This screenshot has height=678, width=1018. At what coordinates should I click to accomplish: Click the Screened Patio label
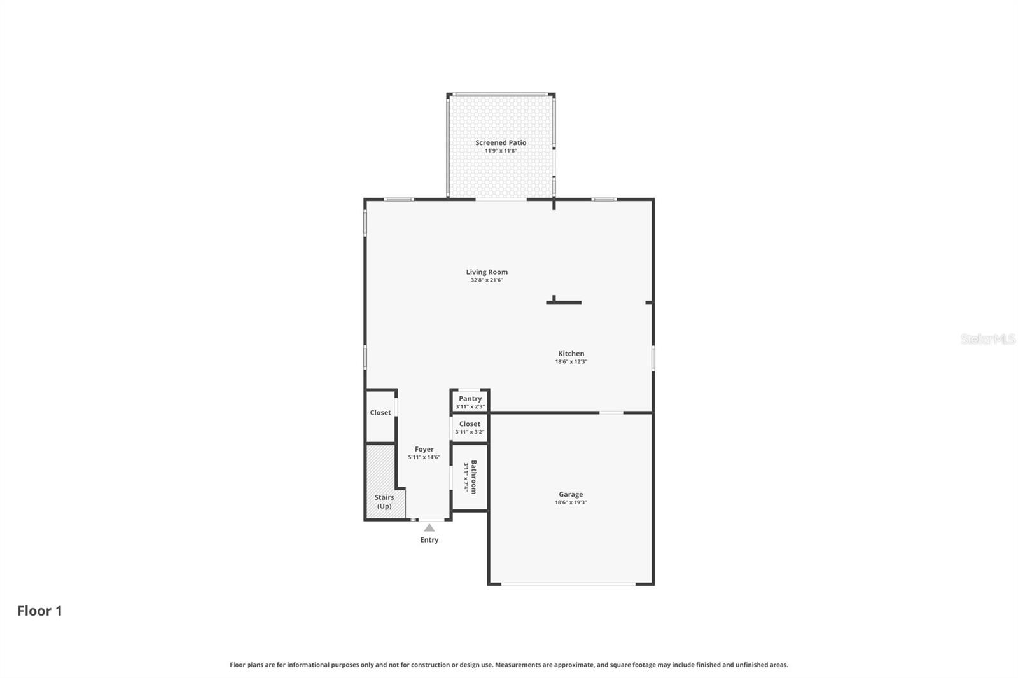501,143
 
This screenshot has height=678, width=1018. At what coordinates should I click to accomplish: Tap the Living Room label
487,272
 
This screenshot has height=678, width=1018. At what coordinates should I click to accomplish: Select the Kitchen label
571,354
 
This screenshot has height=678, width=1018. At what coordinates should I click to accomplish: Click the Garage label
571,494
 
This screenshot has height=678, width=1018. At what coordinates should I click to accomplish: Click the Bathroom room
470,477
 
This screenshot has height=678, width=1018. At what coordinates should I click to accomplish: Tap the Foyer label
424,449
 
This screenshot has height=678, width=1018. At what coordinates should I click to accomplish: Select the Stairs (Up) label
384,502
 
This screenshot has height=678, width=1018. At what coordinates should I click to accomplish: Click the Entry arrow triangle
429,527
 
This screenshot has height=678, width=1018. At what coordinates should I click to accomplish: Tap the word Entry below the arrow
429,540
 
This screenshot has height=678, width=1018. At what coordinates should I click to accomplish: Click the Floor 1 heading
39,611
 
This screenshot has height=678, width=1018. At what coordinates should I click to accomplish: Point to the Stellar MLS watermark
987,339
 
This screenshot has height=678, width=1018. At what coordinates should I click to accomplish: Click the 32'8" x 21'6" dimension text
487,280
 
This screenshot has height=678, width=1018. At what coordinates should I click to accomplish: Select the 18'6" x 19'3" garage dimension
571,502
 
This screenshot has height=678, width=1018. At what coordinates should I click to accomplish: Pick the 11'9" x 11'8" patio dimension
501,151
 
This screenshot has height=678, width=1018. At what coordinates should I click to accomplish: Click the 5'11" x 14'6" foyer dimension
424,457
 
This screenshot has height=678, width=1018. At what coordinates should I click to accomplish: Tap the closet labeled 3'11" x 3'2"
470,428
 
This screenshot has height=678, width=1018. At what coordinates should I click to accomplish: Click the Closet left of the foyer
380,413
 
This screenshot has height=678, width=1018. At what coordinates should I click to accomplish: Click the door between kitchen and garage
611,413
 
